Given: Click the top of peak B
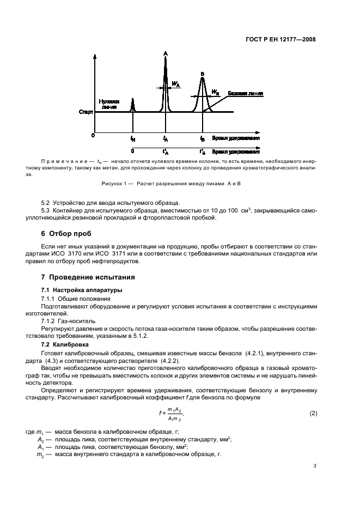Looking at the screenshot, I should click(x=202, y=78).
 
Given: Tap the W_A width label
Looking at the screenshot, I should click(x=176, y=84).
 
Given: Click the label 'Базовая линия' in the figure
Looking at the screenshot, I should click(x=245, y=94).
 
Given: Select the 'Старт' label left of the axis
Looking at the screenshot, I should click(x=86, y=112).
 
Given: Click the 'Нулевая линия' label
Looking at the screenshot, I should click(x=109, y=104).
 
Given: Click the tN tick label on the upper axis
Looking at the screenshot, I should click(x=133, y=139).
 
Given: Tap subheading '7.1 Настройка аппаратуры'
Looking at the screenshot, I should click(x=82, y=289).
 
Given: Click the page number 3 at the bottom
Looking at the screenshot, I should click(x=314, y=466).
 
